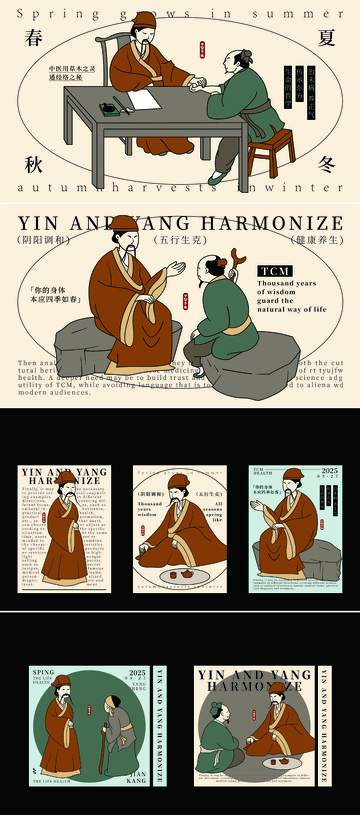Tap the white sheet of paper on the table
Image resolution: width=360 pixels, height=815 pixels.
pyautogui.click(x=144, y=100)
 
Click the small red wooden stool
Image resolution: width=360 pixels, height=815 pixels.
pyautogui.click(x=271, y=151)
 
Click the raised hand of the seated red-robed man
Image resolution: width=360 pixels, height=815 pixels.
pyautogui.click(x=175, y=268)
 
